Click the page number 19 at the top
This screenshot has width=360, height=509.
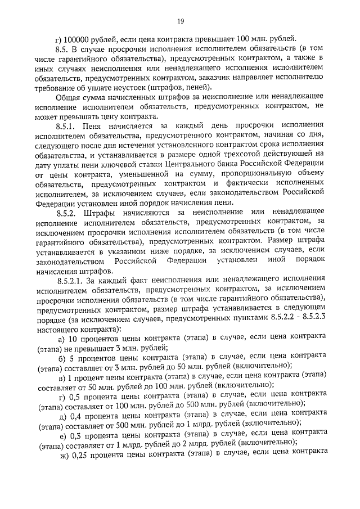click(180, 21)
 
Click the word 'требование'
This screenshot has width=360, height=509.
click(58, 89)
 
